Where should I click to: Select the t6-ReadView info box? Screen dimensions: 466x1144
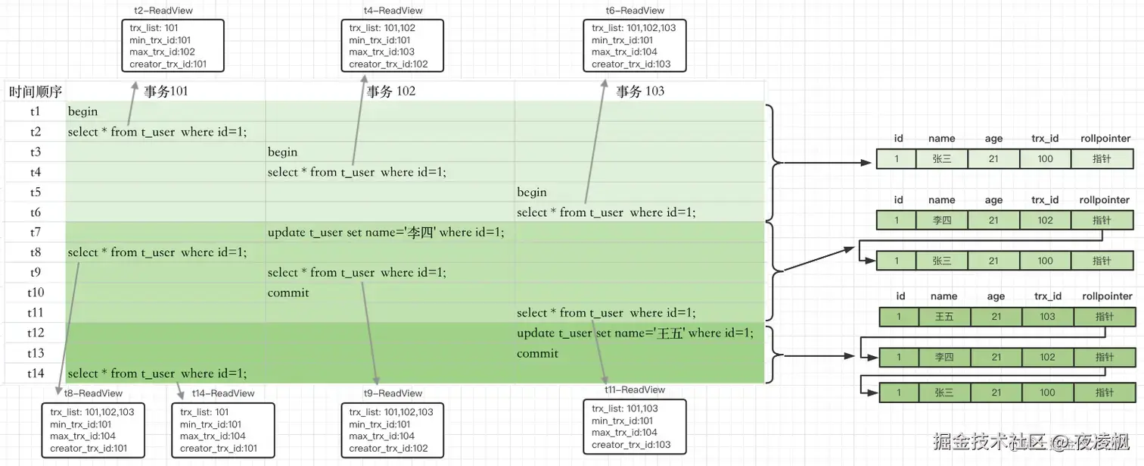[635, 45]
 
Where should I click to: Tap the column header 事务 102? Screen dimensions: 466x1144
[390, 92]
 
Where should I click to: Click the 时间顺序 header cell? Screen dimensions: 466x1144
[36, 92]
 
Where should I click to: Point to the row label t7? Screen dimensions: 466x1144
[36, 232]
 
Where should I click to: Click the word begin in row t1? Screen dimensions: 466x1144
[82, 111]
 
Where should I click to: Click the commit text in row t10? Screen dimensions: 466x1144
[288, 292]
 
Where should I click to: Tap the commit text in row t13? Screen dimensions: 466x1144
[537, 353]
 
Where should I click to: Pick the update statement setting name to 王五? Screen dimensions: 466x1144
[635, 333]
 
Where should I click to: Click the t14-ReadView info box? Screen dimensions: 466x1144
[222, 430]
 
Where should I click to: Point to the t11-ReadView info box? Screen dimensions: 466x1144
[635, 427]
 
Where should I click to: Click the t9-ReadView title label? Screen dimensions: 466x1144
[392, 393]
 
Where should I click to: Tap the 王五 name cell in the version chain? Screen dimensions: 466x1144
[944, 316]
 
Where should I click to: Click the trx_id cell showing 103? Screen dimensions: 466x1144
[1048, 316]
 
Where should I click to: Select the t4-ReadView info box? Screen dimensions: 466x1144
[392, 45]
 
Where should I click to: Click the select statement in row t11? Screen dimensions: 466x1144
[606, 313]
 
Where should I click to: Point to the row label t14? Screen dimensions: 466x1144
[36, 373]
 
